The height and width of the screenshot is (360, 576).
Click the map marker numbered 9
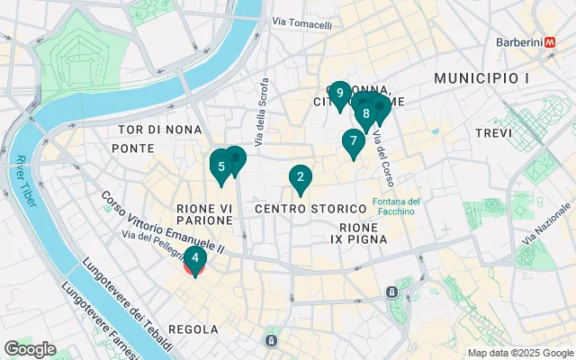(x=339, y=94)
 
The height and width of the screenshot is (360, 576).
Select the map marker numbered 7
(x=353, y=141)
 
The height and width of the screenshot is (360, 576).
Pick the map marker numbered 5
(x=221, y=166)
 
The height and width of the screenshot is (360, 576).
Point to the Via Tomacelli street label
(x=301, y=25)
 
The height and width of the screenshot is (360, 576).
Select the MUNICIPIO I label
(x=481, y=79)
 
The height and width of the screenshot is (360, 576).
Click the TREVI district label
(x=492, y=132)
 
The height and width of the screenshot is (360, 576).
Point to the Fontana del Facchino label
(x=395, y=206)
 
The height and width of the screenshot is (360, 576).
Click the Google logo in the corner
(x=30, y=349)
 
